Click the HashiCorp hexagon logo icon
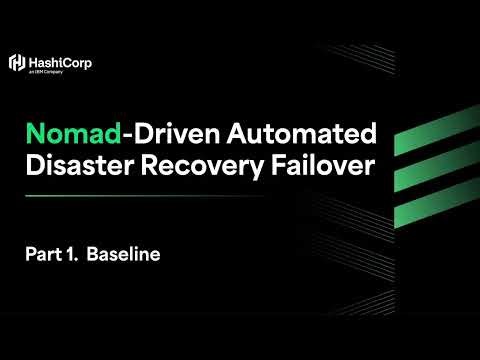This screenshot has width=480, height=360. click(16, 63)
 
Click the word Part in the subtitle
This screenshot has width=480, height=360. click(44, 254)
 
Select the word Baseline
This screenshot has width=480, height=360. click(124, 254)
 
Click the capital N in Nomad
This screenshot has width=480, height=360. click(34, 133)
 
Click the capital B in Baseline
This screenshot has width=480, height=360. click(93, 254)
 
